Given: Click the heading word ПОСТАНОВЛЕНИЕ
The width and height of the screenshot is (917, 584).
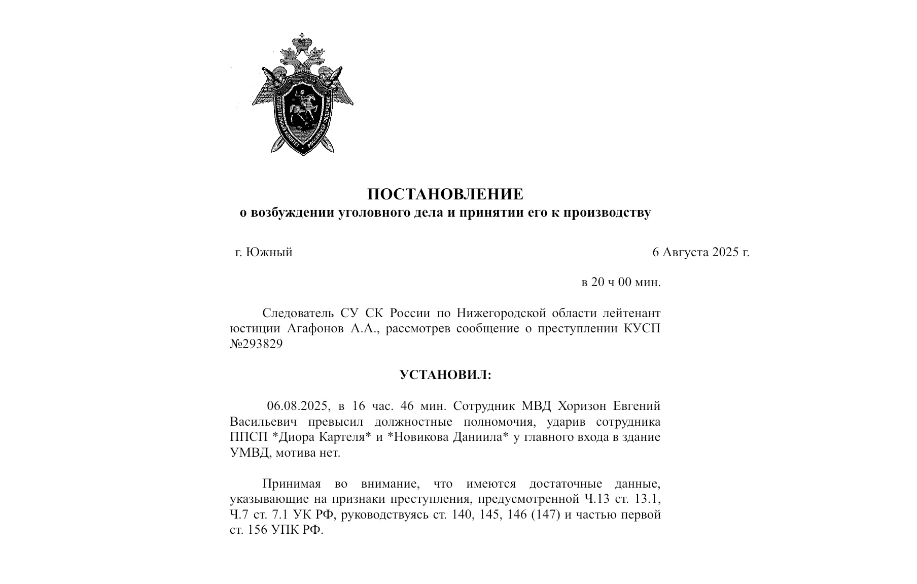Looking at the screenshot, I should [x=445, y=194].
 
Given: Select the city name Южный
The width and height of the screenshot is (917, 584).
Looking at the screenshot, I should [x=269, y=252].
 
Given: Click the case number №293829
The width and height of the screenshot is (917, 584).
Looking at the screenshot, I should [x=256, y=344].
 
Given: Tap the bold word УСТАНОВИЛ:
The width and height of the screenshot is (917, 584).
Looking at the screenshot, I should [x=445, y=375].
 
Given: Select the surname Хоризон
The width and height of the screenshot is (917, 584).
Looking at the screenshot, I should [x=581, y=406].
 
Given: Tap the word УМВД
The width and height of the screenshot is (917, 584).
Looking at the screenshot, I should [x=248, y=453].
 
